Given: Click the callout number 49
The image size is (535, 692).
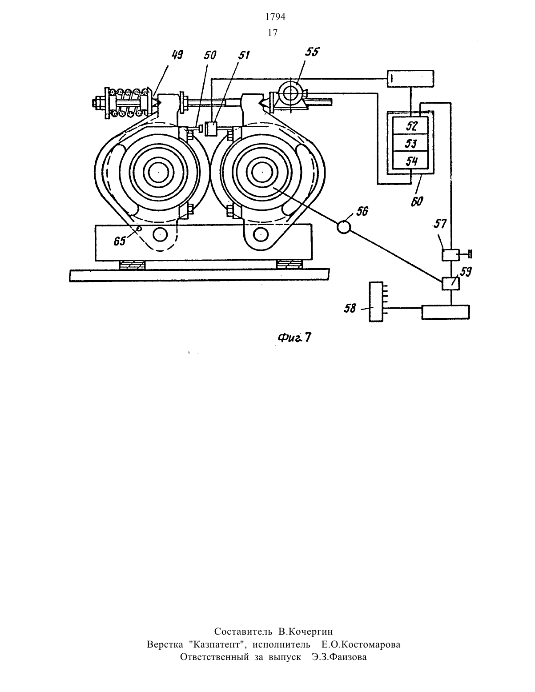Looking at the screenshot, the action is pos(177,56).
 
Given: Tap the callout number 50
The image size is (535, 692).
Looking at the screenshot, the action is pos(210,56).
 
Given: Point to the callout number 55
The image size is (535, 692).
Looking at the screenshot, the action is pos(312,52).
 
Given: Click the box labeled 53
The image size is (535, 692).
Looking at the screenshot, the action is pos(410,143).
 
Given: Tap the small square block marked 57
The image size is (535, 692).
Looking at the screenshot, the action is pos(451,255).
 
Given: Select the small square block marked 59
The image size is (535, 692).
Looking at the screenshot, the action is pos(451,283).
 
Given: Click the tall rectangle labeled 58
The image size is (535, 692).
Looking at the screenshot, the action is pos(376,302).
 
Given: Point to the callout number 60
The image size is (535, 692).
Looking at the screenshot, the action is pos(417,201).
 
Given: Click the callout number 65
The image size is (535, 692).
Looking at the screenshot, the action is pos(120,241).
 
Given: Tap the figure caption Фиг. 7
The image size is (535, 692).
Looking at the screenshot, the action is pos(294,338).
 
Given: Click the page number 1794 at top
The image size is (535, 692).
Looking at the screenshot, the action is pos(275,17).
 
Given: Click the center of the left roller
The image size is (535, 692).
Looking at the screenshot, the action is pos(160,172).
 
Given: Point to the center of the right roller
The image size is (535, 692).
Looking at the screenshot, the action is pos(261,172).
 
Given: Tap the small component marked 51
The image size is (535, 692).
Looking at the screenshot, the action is pos(211,129).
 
